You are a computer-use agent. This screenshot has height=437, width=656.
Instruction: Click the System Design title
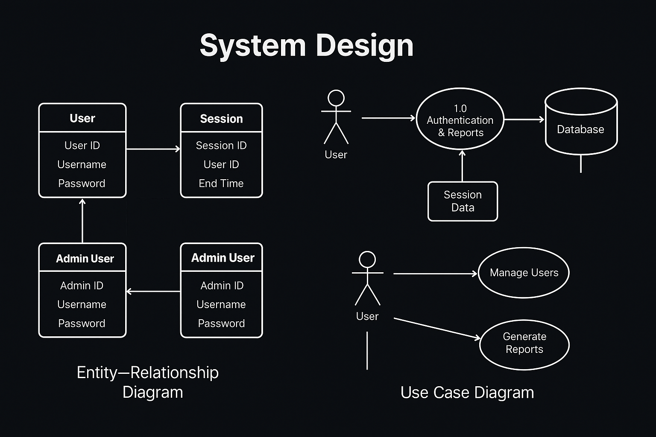coord(306,45)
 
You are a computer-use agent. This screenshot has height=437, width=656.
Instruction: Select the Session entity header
coord(221,119)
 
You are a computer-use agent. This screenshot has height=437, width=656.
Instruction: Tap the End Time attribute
coord(221,184)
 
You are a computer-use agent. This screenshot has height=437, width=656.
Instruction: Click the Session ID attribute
coord(221,146)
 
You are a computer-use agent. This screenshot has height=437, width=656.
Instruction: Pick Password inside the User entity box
coord(82,184)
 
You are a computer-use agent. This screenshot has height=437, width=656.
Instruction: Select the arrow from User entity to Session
coord(153,149)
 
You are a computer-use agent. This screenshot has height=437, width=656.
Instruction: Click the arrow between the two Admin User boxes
coord(153,291)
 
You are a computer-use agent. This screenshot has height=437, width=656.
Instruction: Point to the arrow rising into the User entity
coord(82,220)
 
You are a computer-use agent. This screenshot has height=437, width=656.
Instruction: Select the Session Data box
coord(463,201)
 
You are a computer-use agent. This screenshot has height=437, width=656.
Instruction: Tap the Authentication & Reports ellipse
coord(460,119)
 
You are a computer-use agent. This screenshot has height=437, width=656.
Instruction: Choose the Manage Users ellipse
coord(524,273)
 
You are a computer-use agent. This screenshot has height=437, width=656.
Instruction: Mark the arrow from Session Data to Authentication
coord(462,166)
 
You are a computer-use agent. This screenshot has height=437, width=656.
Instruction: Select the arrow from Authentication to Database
coord(524,119)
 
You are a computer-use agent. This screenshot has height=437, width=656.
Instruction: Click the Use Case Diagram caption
coord(467,393)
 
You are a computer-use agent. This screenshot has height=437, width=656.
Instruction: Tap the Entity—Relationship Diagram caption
coord(148,382)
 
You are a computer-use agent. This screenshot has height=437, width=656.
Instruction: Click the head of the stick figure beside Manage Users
coord(367,259)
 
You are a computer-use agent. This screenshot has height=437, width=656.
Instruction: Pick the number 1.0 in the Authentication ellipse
coord(460,108)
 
